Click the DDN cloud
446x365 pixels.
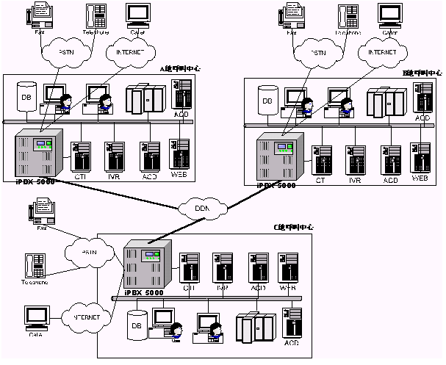pos(204,209)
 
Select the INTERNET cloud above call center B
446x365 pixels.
pos(382,53)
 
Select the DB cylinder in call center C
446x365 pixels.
pos(137,326)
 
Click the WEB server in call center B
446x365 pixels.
pos(420,157)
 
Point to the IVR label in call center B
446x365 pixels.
pos(355,179)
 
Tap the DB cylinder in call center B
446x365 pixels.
pos(268,101)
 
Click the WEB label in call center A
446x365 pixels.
pos(179,176)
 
